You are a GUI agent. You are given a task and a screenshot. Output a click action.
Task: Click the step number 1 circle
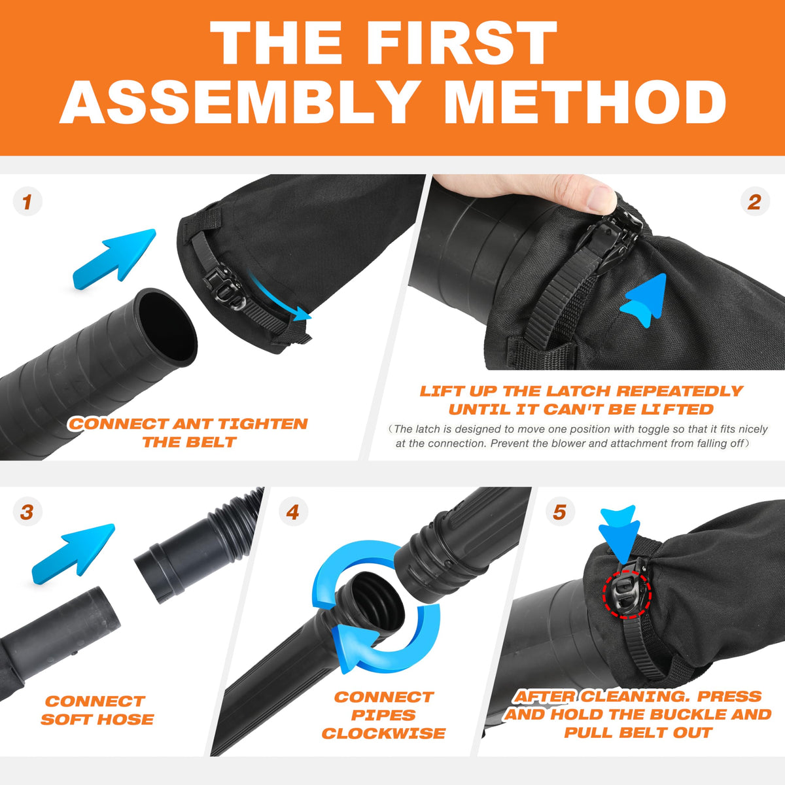27,201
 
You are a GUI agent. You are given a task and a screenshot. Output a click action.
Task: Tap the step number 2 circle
754,201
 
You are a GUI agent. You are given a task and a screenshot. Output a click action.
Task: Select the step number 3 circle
27,512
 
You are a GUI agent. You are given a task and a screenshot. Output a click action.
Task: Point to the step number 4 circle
293,512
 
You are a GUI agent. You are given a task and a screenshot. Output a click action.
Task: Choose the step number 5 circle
560,512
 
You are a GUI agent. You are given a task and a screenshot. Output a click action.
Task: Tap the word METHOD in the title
585,101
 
